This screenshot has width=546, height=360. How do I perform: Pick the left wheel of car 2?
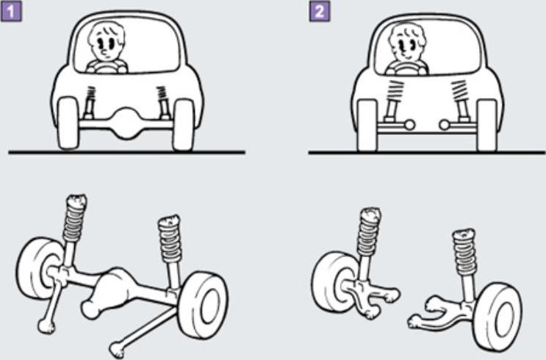367,125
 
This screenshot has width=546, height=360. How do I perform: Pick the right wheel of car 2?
486,125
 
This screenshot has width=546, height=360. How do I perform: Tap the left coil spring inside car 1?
91,94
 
